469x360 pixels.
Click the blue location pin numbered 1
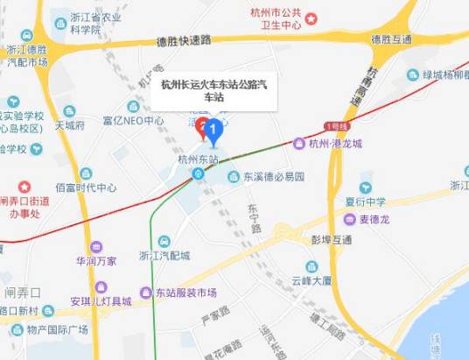[x=211, y=132]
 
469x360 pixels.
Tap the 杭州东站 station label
[x=197, y=159]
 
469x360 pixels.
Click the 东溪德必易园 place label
[x=272, y=176]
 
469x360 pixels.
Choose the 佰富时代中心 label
[x=86, y=187]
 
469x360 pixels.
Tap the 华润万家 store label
[x=95, y=260]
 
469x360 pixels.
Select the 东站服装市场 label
[x=185, y=293]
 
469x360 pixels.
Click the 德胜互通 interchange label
[x=389, y=39]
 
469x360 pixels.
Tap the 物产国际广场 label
[x=57, y=329]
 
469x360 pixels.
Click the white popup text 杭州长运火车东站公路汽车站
[x=214, y=91]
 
